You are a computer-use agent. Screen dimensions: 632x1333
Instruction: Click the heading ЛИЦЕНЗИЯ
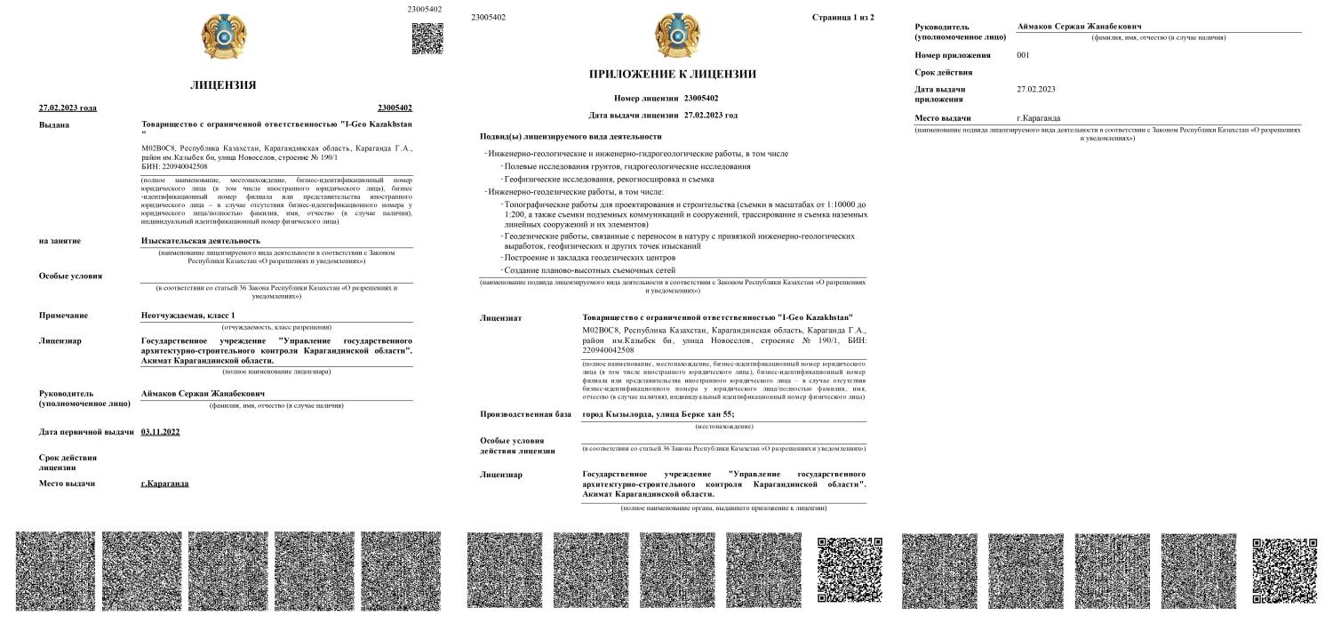223,85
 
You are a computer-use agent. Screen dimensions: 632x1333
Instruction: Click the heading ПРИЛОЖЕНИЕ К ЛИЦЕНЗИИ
673,74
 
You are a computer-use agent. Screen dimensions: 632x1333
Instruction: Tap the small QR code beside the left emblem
427,38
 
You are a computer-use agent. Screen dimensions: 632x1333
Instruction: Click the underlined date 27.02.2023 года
68,108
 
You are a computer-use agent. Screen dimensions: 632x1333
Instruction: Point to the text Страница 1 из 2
842,18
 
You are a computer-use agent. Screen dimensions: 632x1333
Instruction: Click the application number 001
1025,55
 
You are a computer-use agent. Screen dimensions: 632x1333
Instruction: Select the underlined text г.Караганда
165,484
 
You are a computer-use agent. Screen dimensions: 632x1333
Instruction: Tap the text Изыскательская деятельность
201,241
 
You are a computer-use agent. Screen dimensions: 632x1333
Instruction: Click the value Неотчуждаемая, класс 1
188,316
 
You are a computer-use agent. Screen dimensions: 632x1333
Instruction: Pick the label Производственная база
525,415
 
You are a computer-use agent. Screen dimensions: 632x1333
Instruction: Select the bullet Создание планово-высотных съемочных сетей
590,270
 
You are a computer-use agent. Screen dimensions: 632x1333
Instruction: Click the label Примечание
63,316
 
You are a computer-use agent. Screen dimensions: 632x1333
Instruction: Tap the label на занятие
60,241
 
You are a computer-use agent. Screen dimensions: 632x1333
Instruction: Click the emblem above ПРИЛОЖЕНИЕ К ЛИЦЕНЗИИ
673,36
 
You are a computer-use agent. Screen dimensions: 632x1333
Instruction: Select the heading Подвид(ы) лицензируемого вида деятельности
571,136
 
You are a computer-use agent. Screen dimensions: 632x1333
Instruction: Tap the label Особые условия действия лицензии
517,445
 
